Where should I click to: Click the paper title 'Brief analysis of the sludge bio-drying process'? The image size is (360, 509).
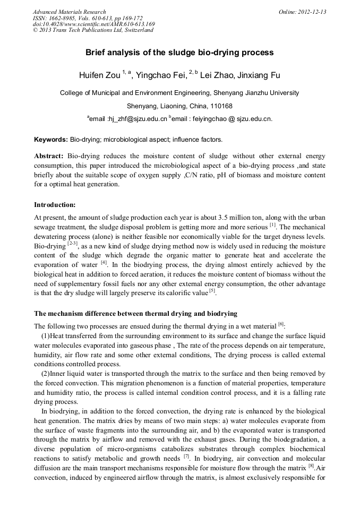(x=179, y=53)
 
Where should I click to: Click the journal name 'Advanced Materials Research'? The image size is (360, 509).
(x=69, y=12)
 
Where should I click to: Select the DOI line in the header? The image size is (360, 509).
(x=93, y=24)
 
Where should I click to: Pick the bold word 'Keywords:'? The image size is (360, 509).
(x=51, y=140)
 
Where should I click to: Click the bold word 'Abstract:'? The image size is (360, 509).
(x=49, y=157)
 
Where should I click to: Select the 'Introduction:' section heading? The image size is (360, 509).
(x=55, y=204)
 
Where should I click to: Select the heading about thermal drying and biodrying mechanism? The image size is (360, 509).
(x=135, y=313)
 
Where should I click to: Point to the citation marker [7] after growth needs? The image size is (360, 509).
(x=186, y=456)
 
